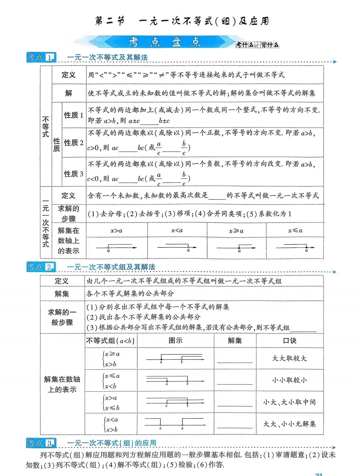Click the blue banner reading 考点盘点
[x=165, y=42]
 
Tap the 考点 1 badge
[x=41, y=57]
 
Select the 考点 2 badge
[x=41, y=267]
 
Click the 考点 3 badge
[x=41, y=443]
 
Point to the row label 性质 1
[x=74, y=115]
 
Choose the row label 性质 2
[x=74, y=143]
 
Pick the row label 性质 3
[x=74, y=174]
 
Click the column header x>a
[x=116, y=230]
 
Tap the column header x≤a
[x=295, y=230]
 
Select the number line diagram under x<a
[x=177, y=247]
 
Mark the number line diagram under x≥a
[x=236, y=247]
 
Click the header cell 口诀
[x=289, y=340]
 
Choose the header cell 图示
[x=175, y=340]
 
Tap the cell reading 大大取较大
[x=289, y=358]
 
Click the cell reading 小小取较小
[x=289, y=380]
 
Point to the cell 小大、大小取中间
[x=289, y=402]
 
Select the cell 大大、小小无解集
[x=289, y=424]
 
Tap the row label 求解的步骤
[x=69, y=214]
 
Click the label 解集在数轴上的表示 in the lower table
[x=62, y=384]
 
